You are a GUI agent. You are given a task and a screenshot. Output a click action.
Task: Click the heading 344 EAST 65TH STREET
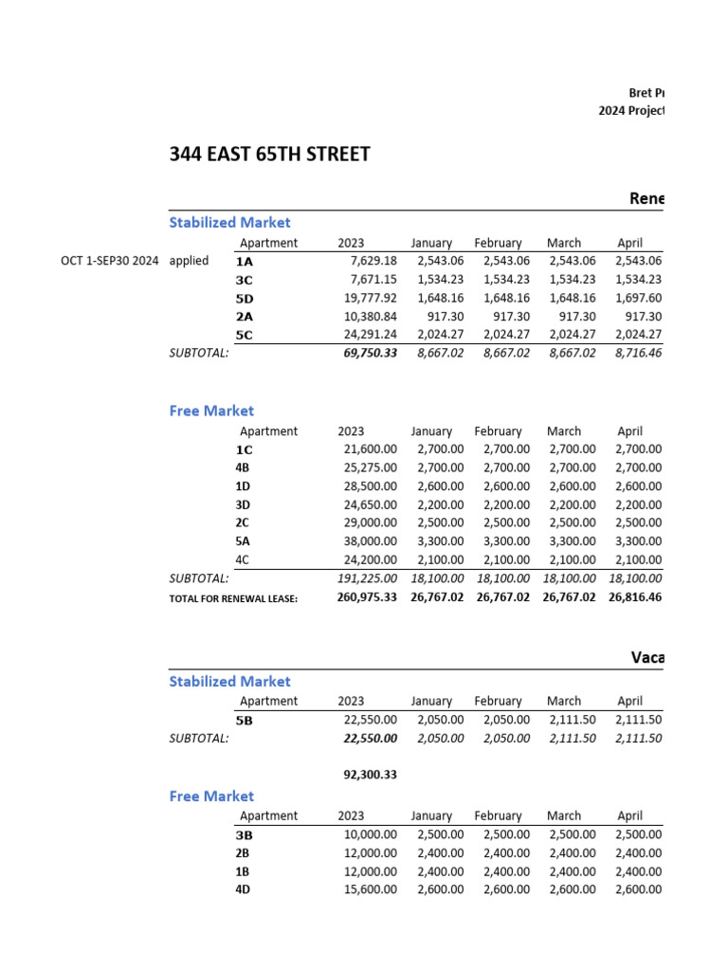(269, 154)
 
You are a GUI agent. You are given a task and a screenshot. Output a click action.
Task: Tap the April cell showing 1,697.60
(638, 298)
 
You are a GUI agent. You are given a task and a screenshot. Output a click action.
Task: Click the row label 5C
(245, 335)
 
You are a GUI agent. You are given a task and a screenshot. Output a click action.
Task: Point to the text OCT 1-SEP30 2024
(109, 261)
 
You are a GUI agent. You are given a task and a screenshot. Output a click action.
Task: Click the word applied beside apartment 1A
(189, 261)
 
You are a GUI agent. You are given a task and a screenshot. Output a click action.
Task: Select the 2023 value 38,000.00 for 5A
(370, 541)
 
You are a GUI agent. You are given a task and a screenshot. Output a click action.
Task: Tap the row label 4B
(244, 467)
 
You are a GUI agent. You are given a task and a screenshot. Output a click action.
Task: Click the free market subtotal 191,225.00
(368, 578)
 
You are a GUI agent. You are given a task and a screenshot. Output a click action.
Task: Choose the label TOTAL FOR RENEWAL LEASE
(233, 598)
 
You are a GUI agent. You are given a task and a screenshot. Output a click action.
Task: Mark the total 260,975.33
(367, 597)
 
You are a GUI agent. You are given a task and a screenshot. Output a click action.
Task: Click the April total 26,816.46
(635, 597)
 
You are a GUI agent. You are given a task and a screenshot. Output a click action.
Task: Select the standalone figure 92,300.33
(370, 775)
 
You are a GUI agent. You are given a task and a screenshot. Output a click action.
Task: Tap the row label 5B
(245, 721)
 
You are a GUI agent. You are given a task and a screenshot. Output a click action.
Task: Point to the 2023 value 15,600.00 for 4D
(370, 889)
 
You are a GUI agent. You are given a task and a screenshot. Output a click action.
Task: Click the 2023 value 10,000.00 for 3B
(370, 835)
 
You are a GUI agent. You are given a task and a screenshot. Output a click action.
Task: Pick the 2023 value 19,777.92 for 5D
(370, 298)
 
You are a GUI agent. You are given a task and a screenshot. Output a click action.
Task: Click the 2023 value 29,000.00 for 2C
(370, 523)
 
